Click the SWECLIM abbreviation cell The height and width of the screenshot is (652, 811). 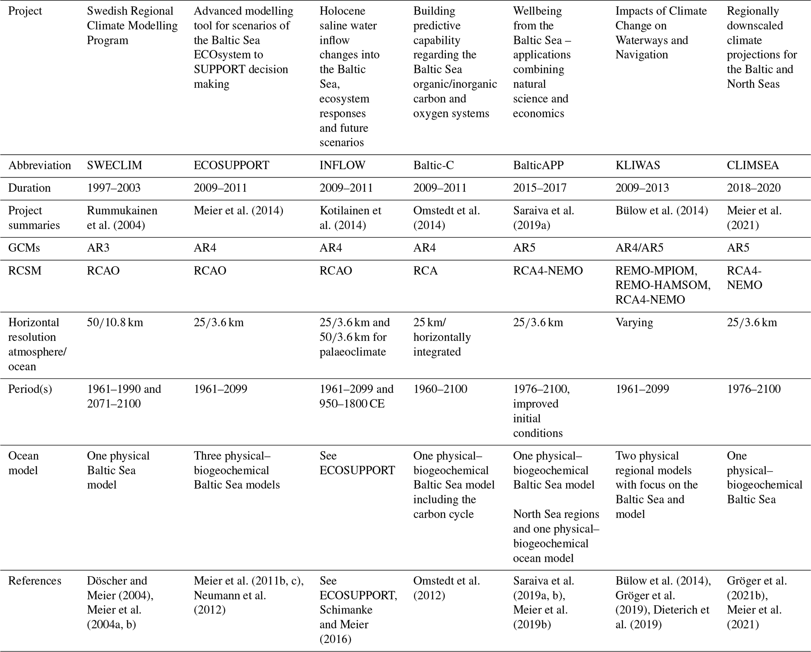coord(114,166)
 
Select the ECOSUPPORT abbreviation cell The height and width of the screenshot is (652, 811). coord(231,166)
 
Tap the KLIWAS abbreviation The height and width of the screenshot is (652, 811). coord(638,166)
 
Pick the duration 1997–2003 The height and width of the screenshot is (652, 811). coord(114,188)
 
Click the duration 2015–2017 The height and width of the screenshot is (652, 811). coord(540,188)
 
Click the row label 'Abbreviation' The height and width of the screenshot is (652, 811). coord(40,166)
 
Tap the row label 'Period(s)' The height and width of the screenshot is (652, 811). coord(30,389)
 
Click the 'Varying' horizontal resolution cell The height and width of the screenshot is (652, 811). coord(634,322)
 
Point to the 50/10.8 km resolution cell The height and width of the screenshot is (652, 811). coord(115,322)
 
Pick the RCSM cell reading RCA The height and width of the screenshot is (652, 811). coord(425,271)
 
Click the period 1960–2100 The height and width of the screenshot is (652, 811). coord(440,389)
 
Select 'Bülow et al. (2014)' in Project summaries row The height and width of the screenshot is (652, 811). coord(662,211)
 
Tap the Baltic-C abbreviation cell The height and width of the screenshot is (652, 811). coord(434,166)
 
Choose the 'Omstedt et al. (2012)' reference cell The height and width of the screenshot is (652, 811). coord(447,588)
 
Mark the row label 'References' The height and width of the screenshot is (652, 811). coord(35,581)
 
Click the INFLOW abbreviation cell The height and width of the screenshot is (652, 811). coord(342,166)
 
